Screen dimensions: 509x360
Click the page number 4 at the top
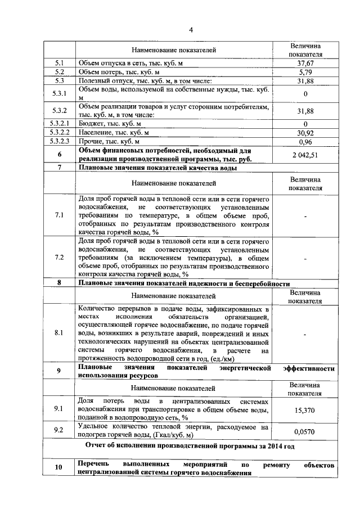click(191, 30)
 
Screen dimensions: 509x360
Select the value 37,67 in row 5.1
click(305, 64)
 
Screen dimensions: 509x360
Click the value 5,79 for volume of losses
click(305, 73)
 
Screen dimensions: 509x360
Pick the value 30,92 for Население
click(305, 133)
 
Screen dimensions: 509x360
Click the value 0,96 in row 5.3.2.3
click(305, 142)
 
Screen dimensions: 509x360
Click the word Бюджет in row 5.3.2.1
click(91, 124)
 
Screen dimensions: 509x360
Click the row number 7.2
click(59, 258)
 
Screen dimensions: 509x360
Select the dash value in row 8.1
click(305, 334)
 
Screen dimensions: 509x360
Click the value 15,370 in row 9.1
click(305, 410)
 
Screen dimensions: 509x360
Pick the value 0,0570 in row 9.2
click(305, 431)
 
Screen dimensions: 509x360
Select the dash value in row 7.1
click(305, 215)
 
